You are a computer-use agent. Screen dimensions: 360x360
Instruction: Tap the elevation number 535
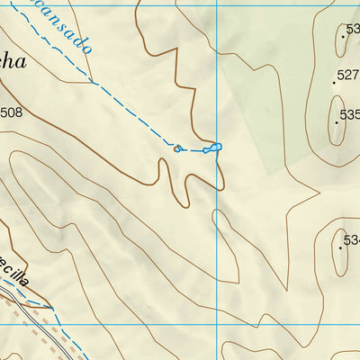349,114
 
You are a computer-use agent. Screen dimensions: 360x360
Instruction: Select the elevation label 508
11,112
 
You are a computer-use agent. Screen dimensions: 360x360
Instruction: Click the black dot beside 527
334,81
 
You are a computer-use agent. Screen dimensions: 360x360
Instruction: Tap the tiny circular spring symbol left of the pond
177,148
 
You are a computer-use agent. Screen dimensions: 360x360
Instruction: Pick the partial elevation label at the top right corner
352,29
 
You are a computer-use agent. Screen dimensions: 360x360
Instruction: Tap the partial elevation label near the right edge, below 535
352,240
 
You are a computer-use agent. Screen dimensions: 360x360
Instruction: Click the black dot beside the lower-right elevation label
340,246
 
